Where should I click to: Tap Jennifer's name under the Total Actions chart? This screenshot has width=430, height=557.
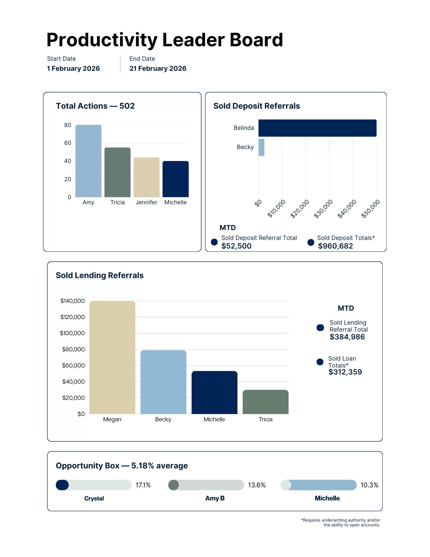pos(146,202)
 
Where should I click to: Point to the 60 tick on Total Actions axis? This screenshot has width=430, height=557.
pos(68,143)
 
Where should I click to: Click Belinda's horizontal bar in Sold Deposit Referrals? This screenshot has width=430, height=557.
pos(317,128)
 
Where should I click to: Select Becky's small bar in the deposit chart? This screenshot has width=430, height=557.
pos(261,147)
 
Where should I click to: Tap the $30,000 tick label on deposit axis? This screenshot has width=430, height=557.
pos(323,208)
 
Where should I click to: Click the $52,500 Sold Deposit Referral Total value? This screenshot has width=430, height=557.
pos(236,246)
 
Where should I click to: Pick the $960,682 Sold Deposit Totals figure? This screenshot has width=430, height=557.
pos(335,246)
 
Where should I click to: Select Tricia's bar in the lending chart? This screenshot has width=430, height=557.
pos(265,402)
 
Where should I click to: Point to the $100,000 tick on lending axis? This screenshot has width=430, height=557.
pos(72,333)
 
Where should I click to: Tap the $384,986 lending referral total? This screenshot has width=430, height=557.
pos(347,337)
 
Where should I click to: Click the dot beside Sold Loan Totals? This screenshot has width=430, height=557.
pos(320,362)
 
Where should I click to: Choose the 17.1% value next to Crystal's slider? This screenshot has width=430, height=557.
pos(143,485)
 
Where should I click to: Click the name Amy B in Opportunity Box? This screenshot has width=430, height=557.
pos(215,498)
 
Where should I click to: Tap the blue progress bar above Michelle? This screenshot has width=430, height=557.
pos(323,485)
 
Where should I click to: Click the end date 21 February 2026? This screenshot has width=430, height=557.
pos(158,69)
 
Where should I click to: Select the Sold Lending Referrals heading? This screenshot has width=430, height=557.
pos(100,275)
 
